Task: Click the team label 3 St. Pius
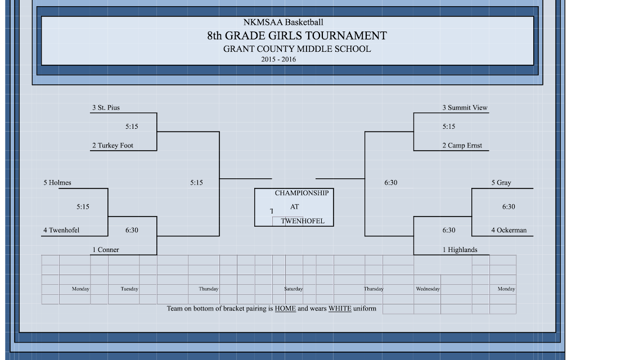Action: click(106, 107)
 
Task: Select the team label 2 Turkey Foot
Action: click(112, 146)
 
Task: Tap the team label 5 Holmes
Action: click(57, 183)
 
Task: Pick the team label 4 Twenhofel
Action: click(61, 231)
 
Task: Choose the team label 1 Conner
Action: click(106, 250)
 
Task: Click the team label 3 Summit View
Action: click(465, 107)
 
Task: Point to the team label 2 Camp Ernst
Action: click(462, 146)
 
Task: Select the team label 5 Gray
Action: click(501, 183)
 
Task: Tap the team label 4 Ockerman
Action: click(509, 231)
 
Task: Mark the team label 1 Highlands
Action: click(460, 250)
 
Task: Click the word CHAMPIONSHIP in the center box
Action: click(301, 193)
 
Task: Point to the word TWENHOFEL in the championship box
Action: click(303, 222)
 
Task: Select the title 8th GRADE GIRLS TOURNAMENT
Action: click(297, 36)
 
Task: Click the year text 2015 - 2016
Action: click(279, 60)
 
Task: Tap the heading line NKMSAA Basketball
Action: click(283, 22)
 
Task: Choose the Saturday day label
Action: click(294, 289)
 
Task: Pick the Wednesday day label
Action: click(428, 289)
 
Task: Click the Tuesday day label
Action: click(129, 289)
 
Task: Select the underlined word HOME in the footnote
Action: click(285, 309)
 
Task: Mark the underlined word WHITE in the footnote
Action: click(340, 309)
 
